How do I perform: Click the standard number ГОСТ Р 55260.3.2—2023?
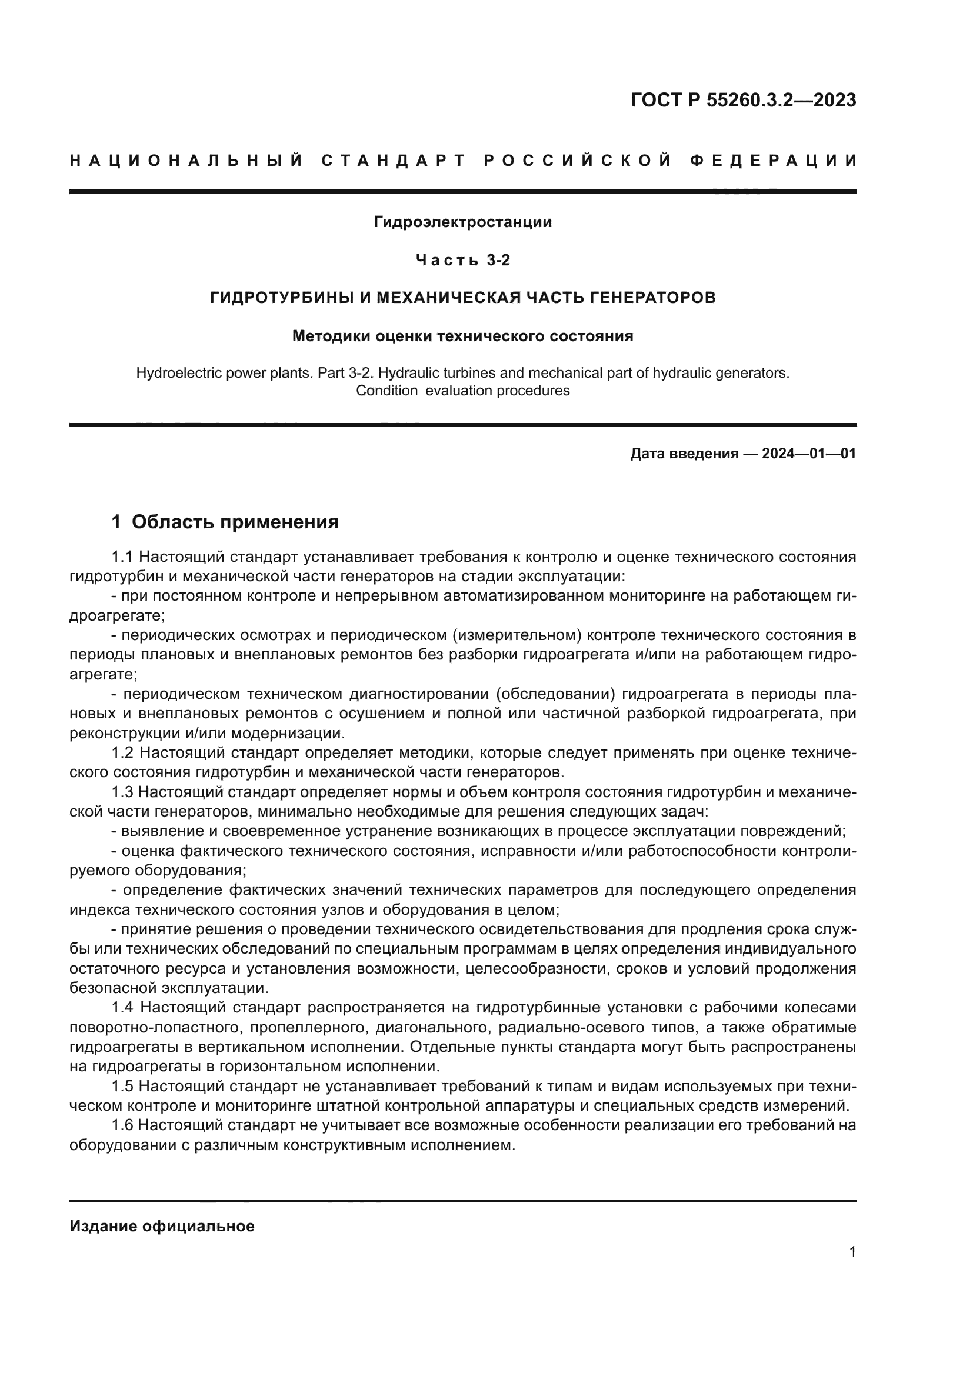743,100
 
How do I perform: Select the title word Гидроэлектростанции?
462,222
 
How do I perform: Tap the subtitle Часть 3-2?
462,260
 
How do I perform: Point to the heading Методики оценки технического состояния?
462,336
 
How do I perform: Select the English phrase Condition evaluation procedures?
462,391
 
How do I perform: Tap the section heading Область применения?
235,522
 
